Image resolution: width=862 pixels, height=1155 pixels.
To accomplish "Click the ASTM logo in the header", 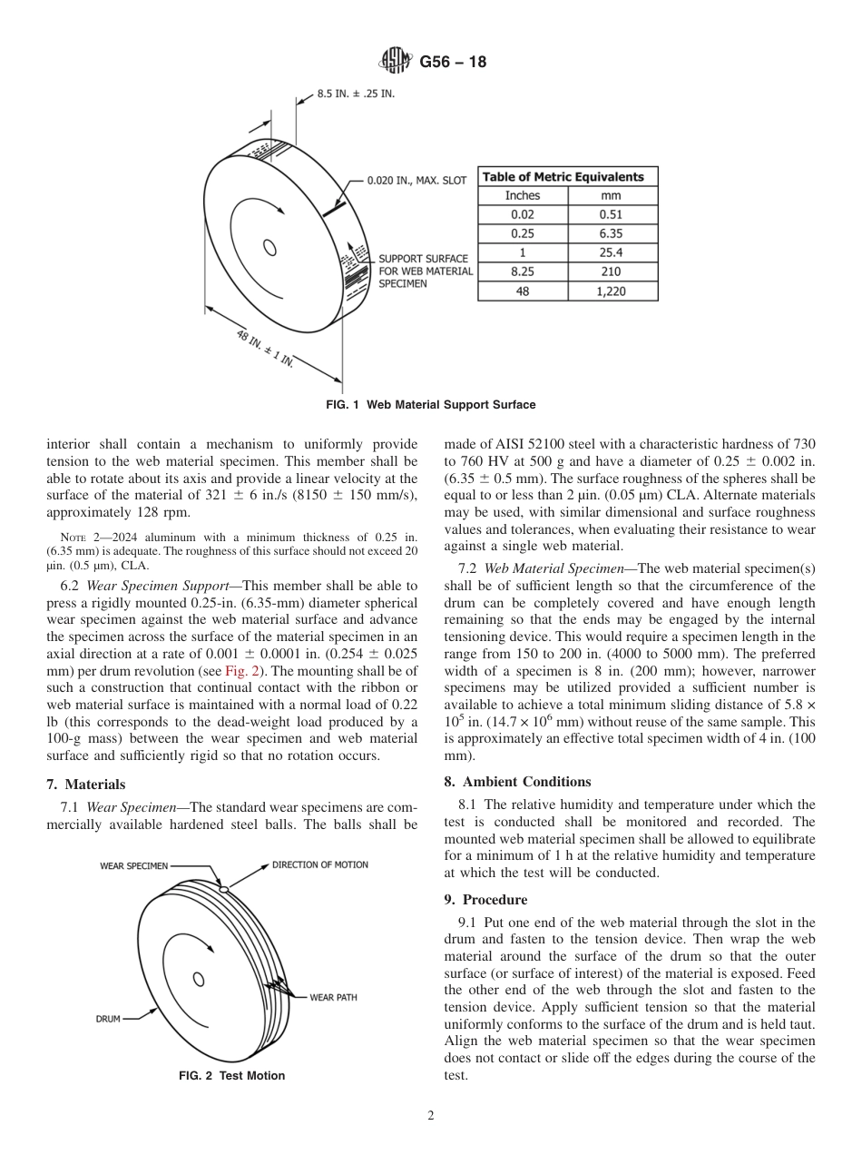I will tap(395, 62).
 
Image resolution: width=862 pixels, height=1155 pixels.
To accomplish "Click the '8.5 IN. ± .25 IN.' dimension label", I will tap(355, 94).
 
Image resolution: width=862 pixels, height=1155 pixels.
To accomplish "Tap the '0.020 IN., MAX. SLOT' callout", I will tap(416, 181).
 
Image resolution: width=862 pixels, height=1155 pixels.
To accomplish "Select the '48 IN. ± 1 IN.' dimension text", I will tap(265, 349).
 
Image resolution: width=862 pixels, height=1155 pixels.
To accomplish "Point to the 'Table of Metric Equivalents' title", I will tap(563, 177).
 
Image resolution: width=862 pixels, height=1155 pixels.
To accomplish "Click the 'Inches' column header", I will tap(523, 196).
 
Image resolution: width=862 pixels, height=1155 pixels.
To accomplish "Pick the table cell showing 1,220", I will tap(612, 291).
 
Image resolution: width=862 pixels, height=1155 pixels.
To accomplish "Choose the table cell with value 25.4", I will tap(612, 253).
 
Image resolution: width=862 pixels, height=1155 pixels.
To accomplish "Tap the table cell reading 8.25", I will tap(523, 272).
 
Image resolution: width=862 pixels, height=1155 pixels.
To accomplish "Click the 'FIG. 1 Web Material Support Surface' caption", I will tap(430, 405).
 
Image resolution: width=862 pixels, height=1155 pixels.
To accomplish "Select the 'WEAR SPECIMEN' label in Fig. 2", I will tap(133, 866).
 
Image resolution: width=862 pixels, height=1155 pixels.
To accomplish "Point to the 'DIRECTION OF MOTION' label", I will tap(320, 864).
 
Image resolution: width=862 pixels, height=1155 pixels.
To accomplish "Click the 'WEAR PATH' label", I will tap(333, 997).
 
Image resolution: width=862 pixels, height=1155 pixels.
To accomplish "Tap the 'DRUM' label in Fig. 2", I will tap(108, 1019).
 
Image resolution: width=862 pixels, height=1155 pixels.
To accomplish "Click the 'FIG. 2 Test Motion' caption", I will tap(231, 1076).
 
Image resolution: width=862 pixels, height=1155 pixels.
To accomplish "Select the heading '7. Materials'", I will tap(86, 785).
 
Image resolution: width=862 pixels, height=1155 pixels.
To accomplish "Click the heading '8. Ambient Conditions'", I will tap(517, 782).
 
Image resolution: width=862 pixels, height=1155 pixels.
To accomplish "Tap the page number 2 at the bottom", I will tap(431, 1117).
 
